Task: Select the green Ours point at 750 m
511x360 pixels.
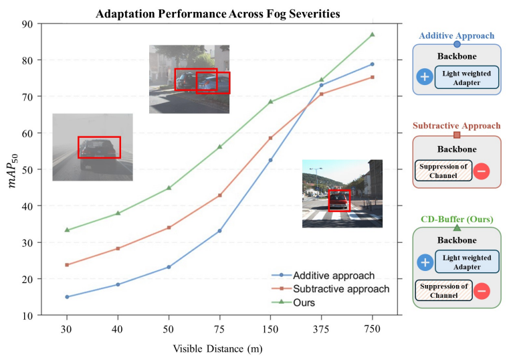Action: click(373, 34)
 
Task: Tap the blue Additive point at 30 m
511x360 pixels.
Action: click(67, 296)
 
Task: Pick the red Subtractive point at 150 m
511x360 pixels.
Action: click(271, 138)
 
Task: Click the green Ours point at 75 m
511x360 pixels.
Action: click(219, 147)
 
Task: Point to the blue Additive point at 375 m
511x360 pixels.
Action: click(322, 85)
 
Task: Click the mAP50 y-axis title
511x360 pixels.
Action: click(13, 169)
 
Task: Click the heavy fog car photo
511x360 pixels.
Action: click(92, 147)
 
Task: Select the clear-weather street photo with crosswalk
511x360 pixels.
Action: click(342, 193)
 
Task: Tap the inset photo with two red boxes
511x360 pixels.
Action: click(189, 79)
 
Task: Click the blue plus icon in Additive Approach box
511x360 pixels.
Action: click(423, 76)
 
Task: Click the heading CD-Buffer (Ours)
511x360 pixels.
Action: click(457, 219)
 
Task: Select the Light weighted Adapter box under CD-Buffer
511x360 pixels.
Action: click(467, 262)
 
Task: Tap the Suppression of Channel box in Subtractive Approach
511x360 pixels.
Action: click(443, 171)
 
